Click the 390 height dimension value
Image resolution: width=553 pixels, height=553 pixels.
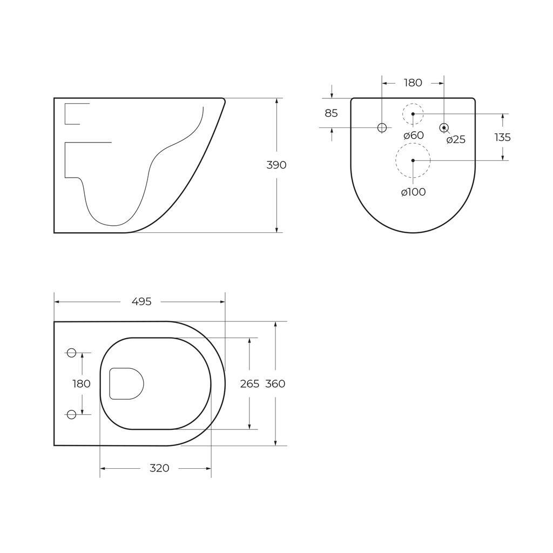[276, 165]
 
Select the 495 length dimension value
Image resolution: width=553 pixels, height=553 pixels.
[141, 302]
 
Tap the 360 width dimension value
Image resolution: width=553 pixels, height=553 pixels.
[275, 384]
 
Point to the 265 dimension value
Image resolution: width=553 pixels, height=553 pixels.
[249, 384]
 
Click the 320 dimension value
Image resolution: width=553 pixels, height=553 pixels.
[159, 468]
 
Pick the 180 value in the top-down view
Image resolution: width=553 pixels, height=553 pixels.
[82, 384]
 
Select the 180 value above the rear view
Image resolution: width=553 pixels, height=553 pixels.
[413, 83]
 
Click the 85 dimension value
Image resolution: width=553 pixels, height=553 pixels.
[331, 113]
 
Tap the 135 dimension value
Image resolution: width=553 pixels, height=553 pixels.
[502, 137]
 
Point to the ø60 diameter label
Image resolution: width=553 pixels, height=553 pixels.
[414, 136]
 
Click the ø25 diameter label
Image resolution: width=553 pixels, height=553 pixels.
[456, 140]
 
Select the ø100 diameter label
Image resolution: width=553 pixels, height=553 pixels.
[413, 192]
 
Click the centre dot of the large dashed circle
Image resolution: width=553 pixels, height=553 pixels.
[413, 160]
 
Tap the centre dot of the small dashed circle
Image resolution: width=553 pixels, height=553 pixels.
[413, 114]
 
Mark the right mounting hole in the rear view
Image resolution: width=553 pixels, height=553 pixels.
[444, 127]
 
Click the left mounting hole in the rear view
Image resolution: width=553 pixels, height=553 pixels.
[382, 127]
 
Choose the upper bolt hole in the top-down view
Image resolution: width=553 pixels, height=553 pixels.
[71, 353]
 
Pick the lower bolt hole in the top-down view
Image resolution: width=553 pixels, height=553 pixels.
[71, 414]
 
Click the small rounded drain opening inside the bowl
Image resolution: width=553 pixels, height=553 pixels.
[126, 384]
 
